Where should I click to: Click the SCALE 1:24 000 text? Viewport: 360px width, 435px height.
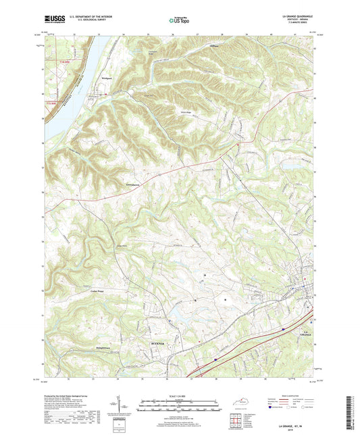[x=179, y=396]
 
